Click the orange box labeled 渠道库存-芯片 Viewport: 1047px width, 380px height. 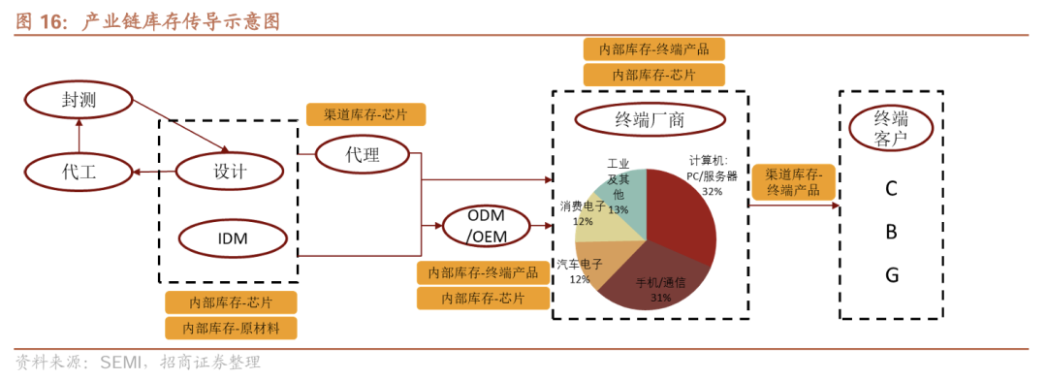365,114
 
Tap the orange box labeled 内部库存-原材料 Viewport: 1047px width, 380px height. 231,328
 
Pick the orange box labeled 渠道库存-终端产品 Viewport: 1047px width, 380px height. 793,181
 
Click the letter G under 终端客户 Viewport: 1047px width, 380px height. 892,275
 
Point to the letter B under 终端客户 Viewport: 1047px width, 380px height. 891,233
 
